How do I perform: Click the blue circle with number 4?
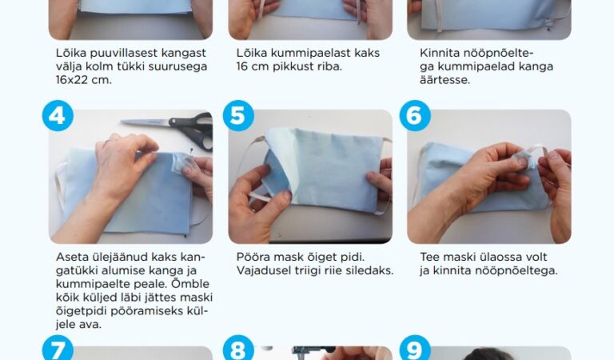pos(57,117)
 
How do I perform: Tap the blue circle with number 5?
pos(237,117)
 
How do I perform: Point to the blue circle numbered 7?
pos(57,350)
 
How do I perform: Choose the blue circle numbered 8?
pos(237,350)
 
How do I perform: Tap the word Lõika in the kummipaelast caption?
pos(253,53)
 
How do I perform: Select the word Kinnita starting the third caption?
pos(442,53)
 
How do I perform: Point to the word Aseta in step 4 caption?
pos(74,257)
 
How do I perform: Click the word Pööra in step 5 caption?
pos(255,257)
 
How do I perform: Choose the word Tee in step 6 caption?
pos(430,257)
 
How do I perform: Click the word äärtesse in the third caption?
pos(446,80)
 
